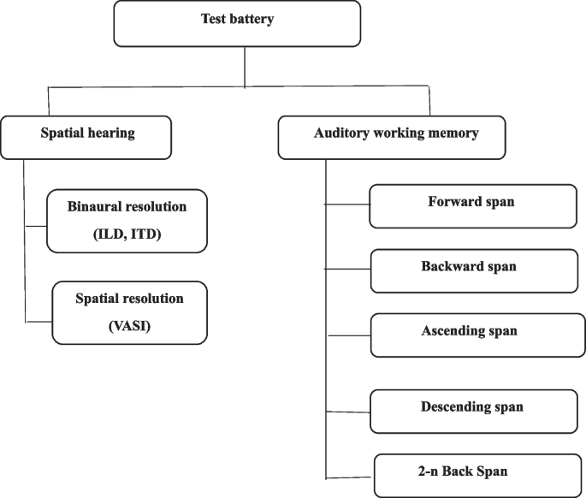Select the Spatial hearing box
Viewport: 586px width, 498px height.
pyautogui.click(x=86, y=134)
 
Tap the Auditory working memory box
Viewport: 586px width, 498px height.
pyautogui.click(x=392, y=134)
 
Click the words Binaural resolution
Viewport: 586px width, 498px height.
pyautogui.click(x=127, y=207)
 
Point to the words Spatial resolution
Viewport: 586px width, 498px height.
pyautogui.click(x=129, y=299)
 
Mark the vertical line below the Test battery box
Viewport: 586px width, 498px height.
pyautogui.click(x=246, y=66)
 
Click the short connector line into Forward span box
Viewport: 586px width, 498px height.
pyautogui.click(x=347, y=205)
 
